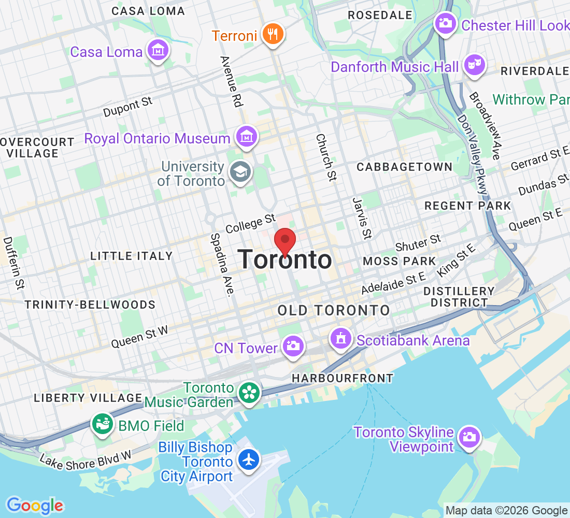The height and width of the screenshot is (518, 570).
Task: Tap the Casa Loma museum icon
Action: click(158, 51)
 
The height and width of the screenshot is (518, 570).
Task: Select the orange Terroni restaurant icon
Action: click(273, 35)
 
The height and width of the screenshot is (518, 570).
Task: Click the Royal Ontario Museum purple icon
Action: click(246, 137)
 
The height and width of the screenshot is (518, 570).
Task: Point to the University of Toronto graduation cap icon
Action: click(240, 172)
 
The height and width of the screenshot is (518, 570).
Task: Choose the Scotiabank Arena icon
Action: click(340, 339)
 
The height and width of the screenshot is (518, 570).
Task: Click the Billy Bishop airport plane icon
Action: click(249, 459)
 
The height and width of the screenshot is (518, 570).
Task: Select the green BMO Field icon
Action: click(102, 424)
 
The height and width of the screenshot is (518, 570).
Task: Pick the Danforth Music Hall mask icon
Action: click(474, 65)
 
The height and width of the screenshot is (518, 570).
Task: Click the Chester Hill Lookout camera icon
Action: click(445, 23)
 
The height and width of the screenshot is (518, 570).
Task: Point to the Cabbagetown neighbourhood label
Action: click(404, 167)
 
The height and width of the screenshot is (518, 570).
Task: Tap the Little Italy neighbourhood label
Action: click(131, 256)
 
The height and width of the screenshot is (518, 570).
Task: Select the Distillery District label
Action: click(459, 297)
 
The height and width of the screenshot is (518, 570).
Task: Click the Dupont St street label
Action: click(128, 107)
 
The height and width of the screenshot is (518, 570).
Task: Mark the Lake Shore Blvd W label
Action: click(85, 459)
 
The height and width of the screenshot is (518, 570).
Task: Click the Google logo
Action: click(35, 505)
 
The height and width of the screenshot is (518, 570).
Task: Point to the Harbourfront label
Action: click(343, 378)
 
